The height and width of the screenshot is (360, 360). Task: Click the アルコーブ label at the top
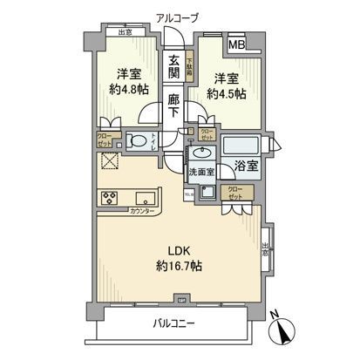[179, 17]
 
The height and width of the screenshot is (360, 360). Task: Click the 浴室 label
[244, 166]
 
